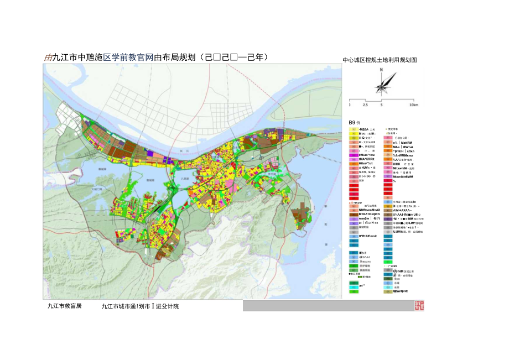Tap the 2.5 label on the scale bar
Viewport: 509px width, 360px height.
365,105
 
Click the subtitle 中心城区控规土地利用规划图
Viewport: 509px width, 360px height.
379,60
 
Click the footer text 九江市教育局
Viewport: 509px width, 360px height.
64,306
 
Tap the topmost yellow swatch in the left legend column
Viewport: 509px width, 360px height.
352,129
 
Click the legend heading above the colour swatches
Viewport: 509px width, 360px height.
354,122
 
